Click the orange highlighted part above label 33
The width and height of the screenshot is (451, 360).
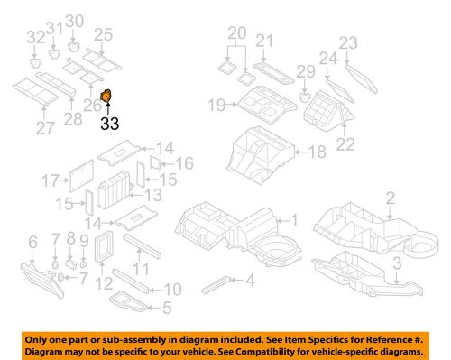click(106, 97)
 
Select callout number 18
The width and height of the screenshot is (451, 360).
click(315, 154)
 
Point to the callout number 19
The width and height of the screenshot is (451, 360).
click(216, 106)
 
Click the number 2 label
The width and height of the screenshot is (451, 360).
click(391, 198)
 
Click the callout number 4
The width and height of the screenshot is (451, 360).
click(250, 280)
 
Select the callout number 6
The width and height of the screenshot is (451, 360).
click(33, 241)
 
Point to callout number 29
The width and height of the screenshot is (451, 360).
click(305, 71)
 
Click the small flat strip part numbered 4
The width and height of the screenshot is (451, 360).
click(217, 282)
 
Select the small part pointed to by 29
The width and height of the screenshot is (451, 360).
click(305, 97)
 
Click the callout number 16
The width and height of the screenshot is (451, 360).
click(186, 163)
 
